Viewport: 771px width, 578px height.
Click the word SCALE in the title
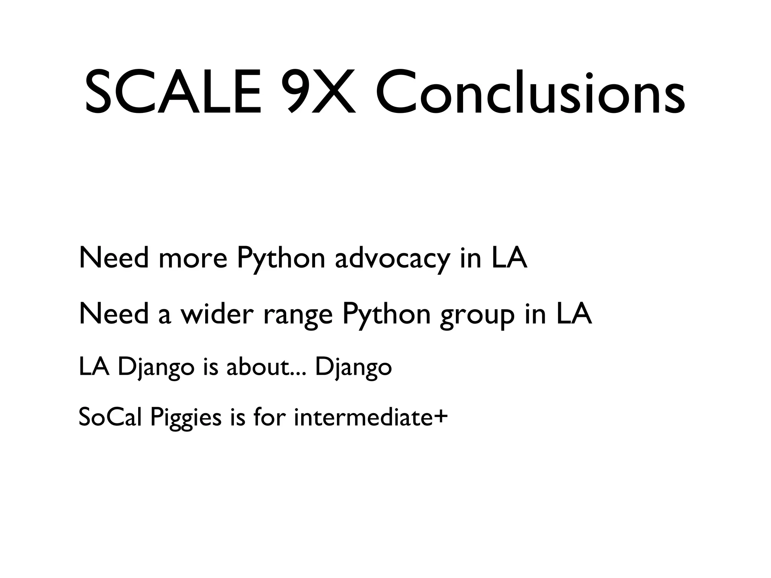pyautogui.click(x=173, y=92)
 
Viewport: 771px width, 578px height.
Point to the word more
pyautogui.click(x=193, y=259)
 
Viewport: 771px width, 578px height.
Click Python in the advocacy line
pyautogui.click(x=281, y=259)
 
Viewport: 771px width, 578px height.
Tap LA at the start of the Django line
pyautogui.click(x=94, y=367)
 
